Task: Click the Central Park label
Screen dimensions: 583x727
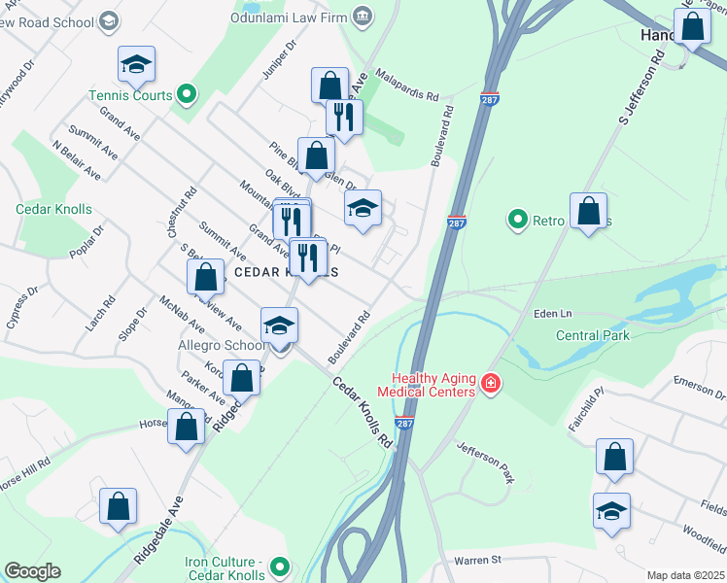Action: pos(592,335)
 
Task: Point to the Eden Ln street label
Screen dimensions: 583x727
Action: pos(552,314)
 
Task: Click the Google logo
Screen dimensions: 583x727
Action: pos(32,571)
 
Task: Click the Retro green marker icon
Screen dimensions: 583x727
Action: pos(518,221)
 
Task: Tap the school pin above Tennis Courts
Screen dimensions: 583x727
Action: pos(136,66)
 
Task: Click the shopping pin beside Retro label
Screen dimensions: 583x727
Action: pos(588,212)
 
